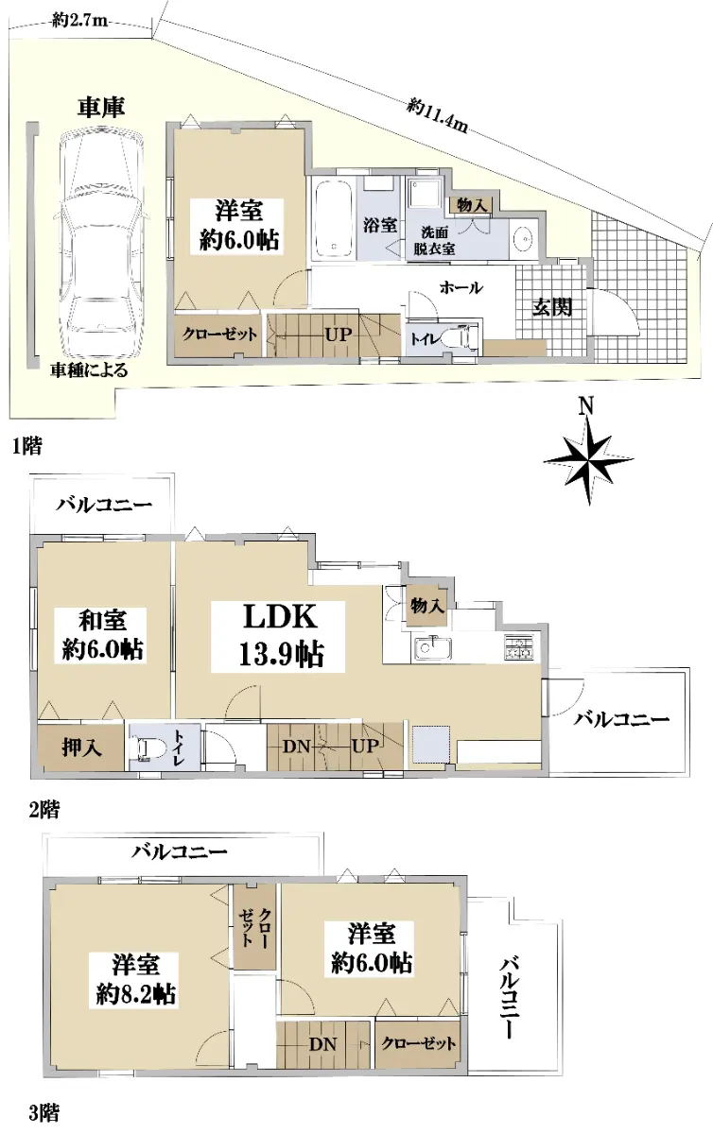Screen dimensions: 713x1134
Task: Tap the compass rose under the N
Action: (x=588, y=460)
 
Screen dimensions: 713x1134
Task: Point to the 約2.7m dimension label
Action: (x=79, y=21)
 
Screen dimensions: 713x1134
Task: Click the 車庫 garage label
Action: (x=101, y=108)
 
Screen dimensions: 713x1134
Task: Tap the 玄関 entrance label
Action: (x=552, y=307)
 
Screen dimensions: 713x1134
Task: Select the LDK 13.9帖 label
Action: (x=279, y=636)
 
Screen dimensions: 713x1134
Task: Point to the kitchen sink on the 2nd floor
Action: (x=433, y=648)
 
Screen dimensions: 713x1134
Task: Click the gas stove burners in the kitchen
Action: (x=518, y=647)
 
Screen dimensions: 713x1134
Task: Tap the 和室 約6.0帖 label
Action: (x=102, y=635)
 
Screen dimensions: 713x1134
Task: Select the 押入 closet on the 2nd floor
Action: (x=81, y=747)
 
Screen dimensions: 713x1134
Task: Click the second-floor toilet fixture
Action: (x=146, y=747)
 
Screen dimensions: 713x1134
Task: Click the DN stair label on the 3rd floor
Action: (x=322, y=1043)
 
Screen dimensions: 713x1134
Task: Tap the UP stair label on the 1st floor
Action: (x=339, y=335)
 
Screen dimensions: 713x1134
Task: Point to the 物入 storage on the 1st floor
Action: (x=471, y=205)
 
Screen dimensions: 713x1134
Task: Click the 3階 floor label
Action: (x=43, y=1113)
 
